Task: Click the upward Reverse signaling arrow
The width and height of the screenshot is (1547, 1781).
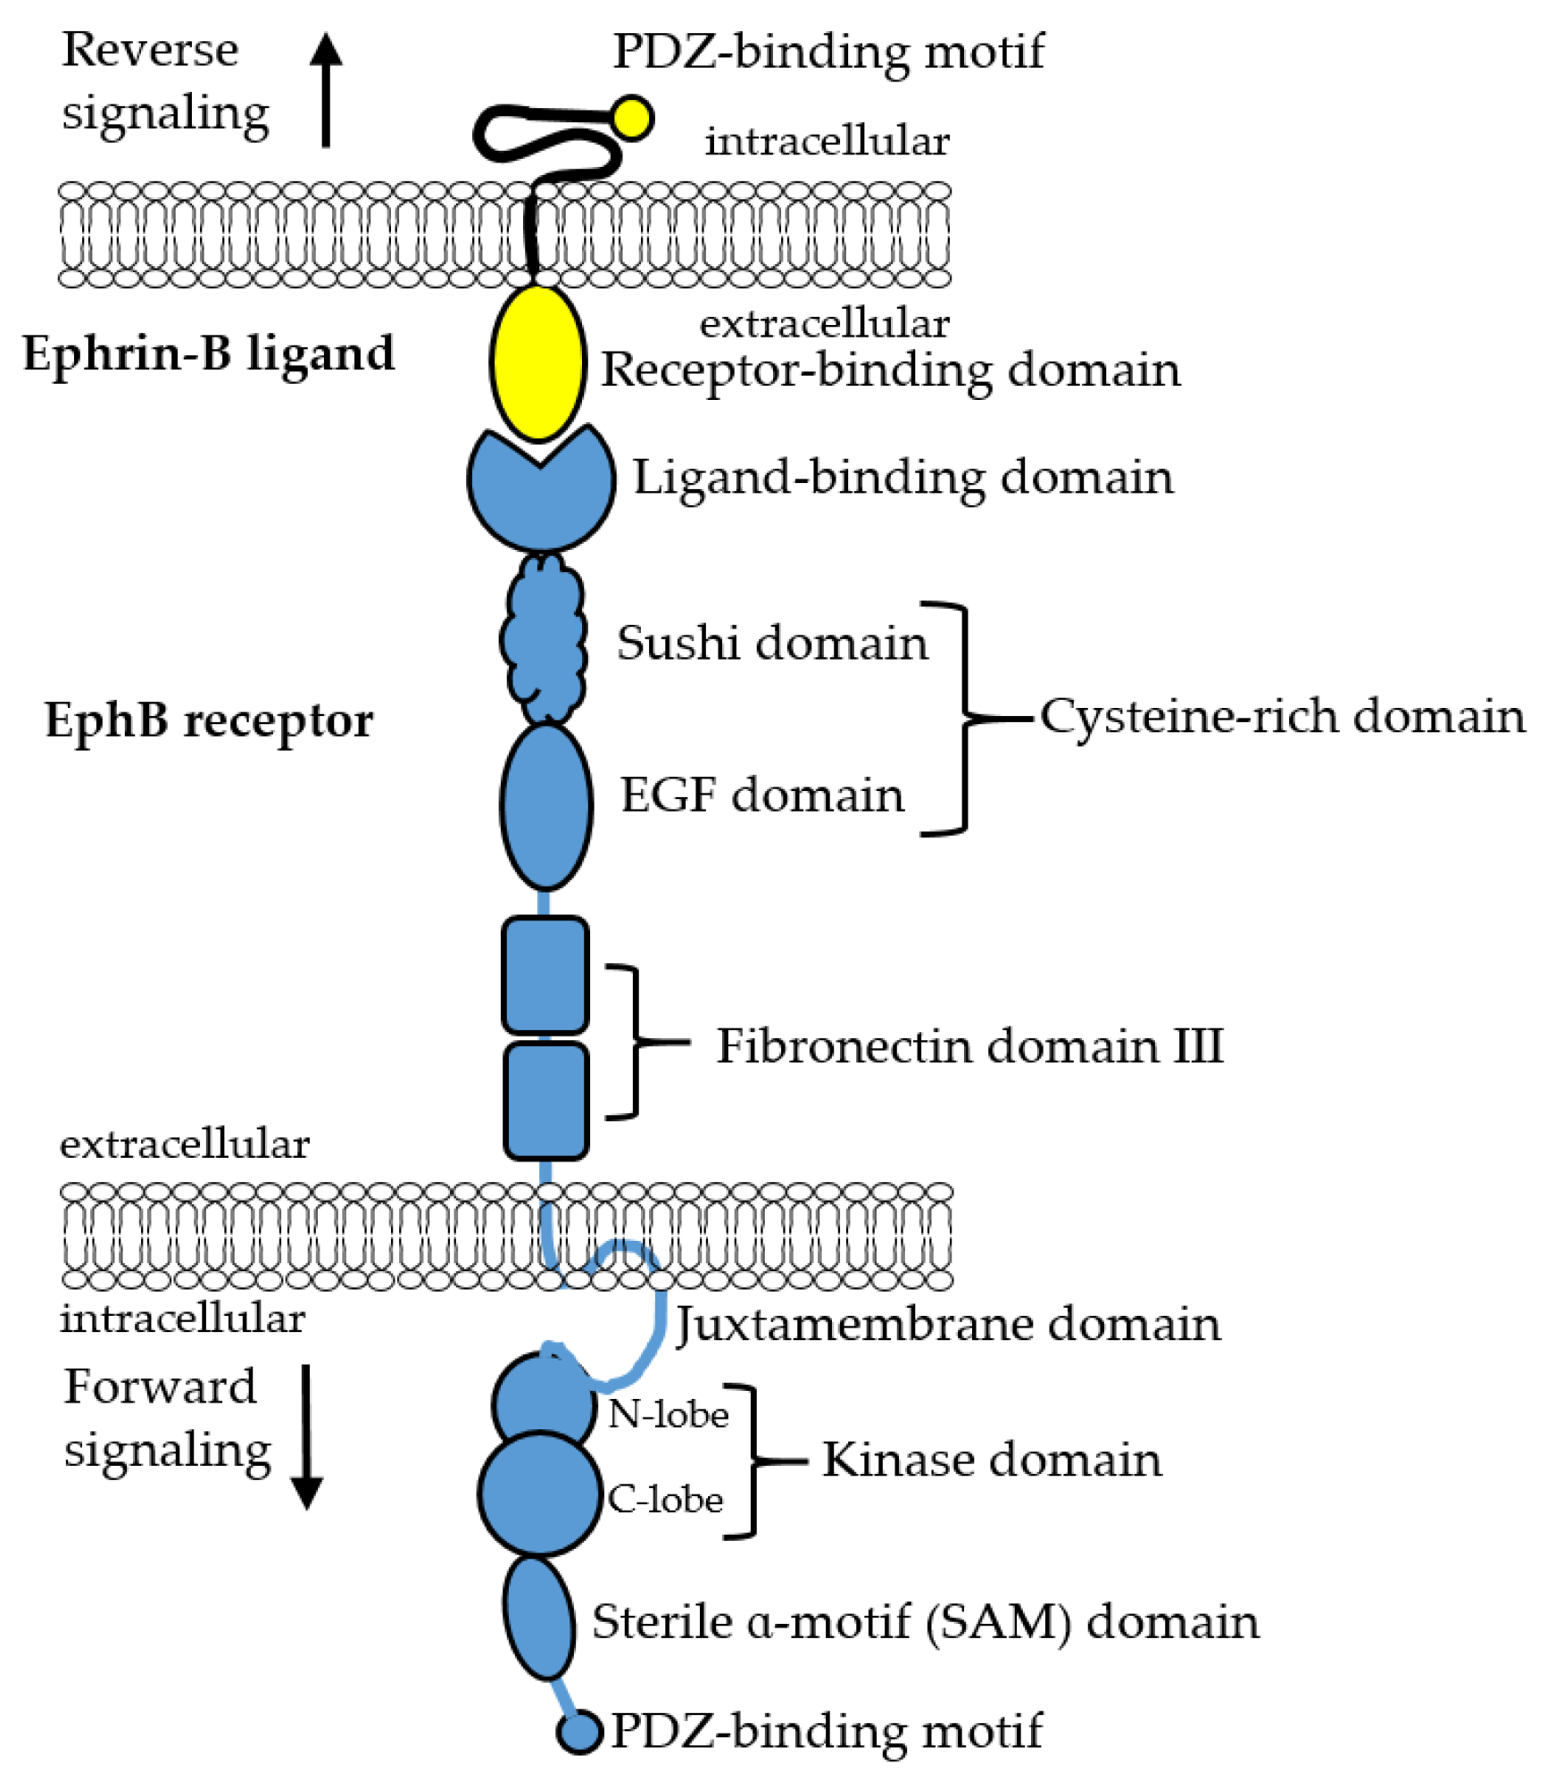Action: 326,89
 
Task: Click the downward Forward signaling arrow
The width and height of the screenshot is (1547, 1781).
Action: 306,1436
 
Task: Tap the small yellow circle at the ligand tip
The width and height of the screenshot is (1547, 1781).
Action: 632,118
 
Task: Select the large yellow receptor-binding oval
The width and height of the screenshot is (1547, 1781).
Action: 538,362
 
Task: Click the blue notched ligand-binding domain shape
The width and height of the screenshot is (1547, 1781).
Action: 541,500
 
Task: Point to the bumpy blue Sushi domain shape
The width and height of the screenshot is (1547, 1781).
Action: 543,638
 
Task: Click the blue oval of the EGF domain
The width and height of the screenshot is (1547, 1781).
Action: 545,805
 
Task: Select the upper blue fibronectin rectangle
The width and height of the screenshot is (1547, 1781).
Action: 545,975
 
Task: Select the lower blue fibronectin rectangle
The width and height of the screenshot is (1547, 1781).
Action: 545,1100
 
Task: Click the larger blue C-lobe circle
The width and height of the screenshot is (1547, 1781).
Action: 539,1493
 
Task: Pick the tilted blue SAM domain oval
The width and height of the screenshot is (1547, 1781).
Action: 538,1618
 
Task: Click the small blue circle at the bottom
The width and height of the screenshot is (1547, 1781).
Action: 579,1732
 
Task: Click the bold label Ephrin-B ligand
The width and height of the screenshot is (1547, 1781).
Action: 208,354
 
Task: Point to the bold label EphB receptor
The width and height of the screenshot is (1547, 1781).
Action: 208,720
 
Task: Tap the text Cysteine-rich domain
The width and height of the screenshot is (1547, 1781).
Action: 1282,716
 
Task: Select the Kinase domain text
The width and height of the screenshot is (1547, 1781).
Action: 991,1460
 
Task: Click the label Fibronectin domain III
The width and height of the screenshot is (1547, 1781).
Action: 969,1045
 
